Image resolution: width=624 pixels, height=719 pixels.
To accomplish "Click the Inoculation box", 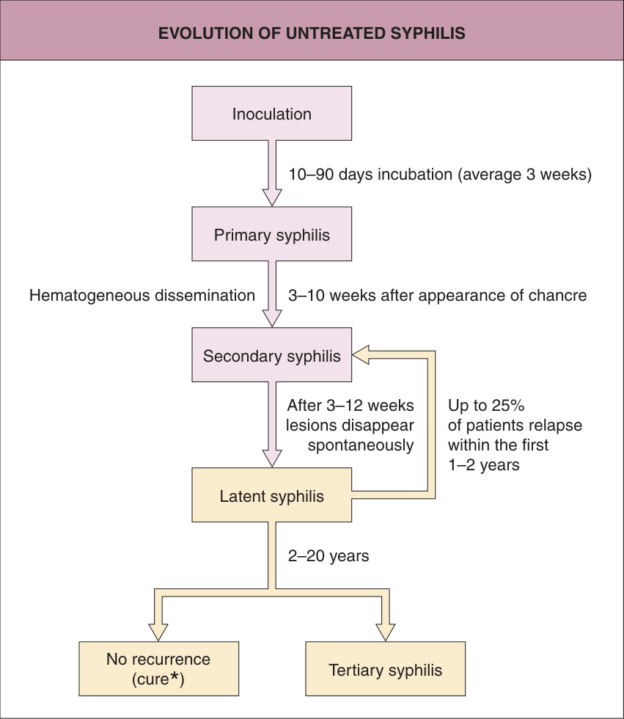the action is point(272,113).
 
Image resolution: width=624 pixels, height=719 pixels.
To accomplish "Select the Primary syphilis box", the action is point(272,234).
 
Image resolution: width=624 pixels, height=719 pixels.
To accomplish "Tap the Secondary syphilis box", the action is point(272,355).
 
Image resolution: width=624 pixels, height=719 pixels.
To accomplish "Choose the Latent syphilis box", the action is point(272,494).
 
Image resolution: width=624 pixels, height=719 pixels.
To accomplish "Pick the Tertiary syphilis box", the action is point(385,668).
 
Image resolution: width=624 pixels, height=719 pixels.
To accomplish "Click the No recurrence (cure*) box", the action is point(158,668).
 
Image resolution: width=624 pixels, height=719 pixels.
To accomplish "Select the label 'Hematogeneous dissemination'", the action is point(142,295).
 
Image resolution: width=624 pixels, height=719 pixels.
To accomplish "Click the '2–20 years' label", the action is point(328,556).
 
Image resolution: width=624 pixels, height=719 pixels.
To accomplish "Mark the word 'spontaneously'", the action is point(361,445).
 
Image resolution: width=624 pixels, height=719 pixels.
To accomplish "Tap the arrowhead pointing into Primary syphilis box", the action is point(272,197).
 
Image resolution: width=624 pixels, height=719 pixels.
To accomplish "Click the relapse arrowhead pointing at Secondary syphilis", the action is point(361,355).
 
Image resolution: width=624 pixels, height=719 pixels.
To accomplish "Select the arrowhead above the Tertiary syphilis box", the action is point(385,632).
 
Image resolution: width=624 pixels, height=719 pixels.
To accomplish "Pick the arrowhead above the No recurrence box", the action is point(158,632).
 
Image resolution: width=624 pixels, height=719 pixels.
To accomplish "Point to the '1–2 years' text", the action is point(484,465).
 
